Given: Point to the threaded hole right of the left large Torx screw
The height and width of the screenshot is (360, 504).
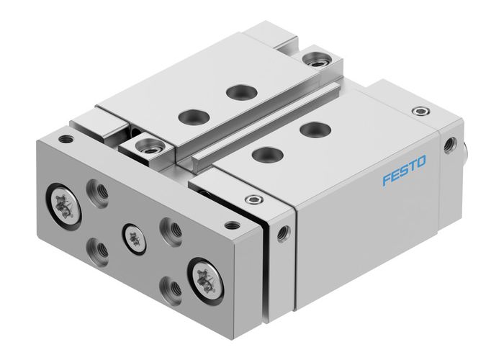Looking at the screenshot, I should [x=97, y=192].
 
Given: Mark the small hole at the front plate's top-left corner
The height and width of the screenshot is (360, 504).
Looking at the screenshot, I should [x=66, y=139].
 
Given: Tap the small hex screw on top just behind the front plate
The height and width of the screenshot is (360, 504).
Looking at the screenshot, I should [x=251, y=199].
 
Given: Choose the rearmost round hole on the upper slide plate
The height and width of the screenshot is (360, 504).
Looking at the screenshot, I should [x=235, y=91].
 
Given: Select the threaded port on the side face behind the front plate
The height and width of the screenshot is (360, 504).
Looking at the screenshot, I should [x=284, y=232].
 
